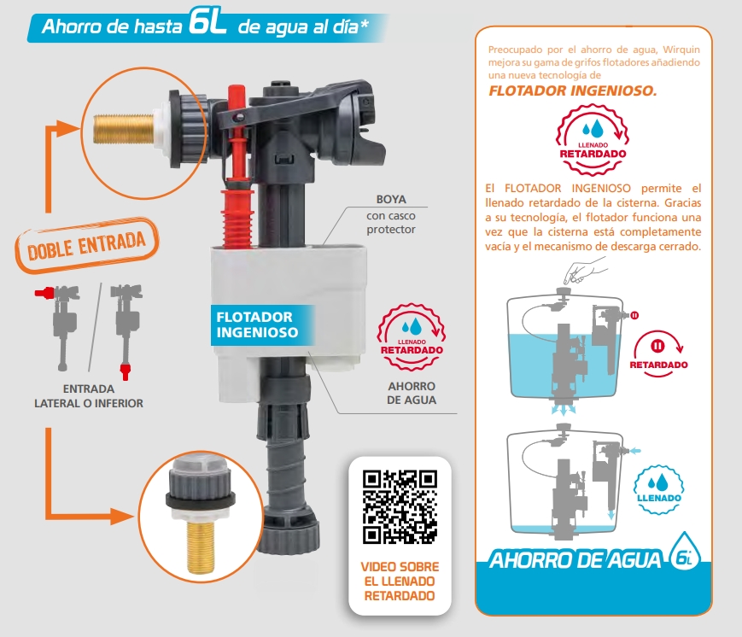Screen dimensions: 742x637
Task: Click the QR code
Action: point(400,506)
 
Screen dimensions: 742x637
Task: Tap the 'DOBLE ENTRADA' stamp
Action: point(87,245)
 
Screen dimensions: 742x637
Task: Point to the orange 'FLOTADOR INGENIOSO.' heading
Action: point(573,91)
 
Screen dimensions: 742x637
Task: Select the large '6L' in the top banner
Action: point(207,23)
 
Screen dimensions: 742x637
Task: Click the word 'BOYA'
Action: point(391,199)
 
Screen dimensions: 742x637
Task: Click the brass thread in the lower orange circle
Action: point(201,546)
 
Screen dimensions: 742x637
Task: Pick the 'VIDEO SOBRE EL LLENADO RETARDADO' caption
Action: point(400,581)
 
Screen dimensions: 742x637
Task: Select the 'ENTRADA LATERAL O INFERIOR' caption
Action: point(89,396)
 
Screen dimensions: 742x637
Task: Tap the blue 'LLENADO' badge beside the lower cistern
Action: point(658,491)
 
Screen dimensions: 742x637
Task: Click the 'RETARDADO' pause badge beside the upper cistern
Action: point(658,354)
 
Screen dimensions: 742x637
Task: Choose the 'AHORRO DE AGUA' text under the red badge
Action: point(412,394)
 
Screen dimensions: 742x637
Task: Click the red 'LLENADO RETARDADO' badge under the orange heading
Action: point(593,139)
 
